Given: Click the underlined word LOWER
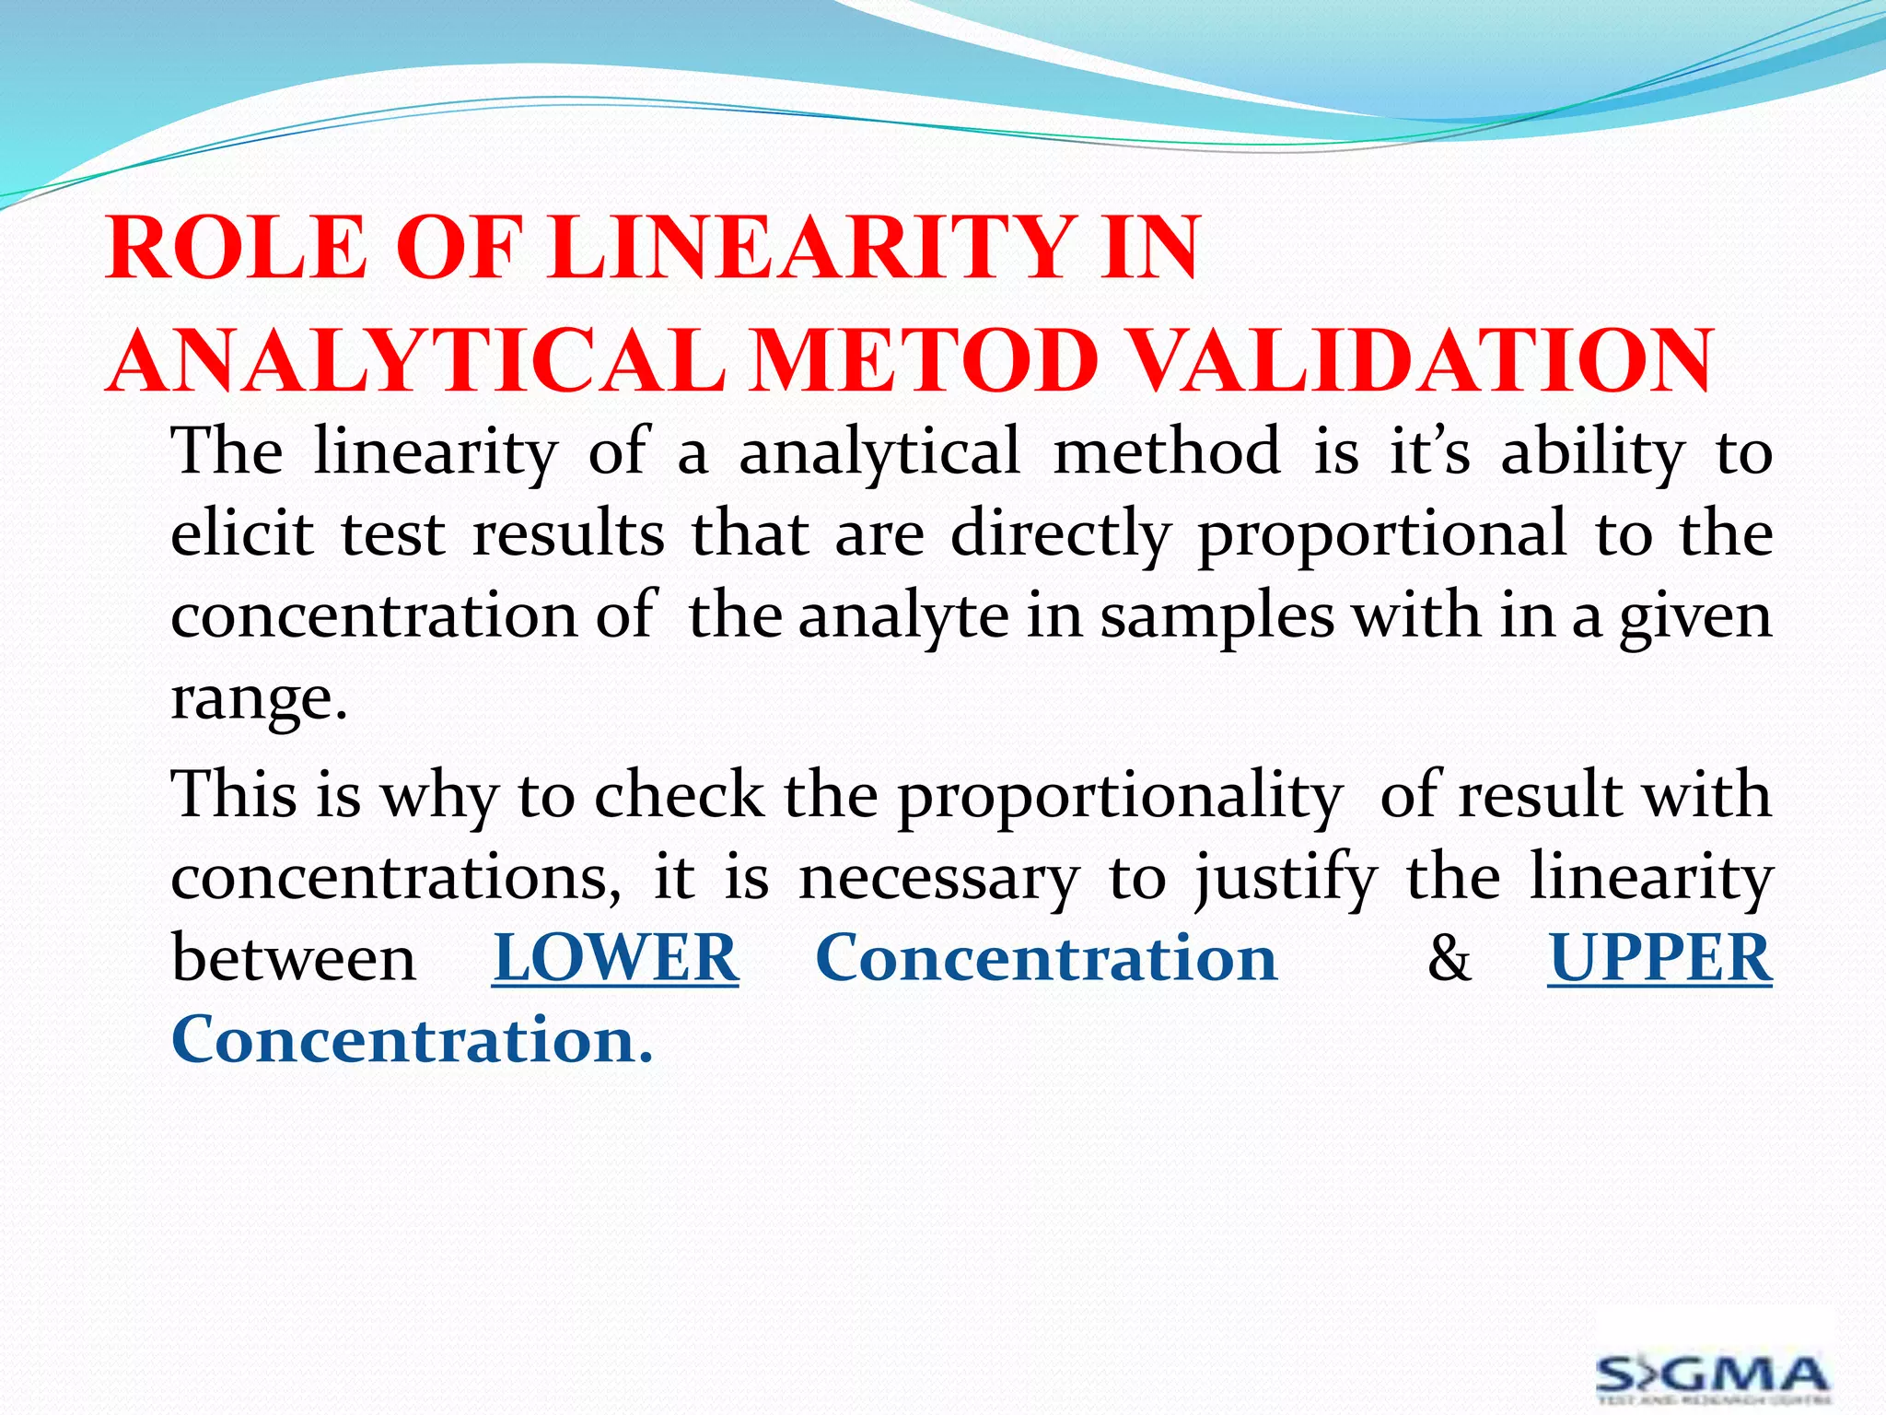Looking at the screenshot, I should (615, 958).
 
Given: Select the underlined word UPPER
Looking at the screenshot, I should (1659, 958).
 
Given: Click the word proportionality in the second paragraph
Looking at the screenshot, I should (1120, 797).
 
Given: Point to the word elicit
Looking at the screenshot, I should (242, 534).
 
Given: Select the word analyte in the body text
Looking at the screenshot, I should (902, 617).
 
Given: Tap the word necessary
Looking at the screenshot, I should (938, 878).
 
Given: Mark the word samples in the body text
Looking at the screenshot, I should (1217, 617).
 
